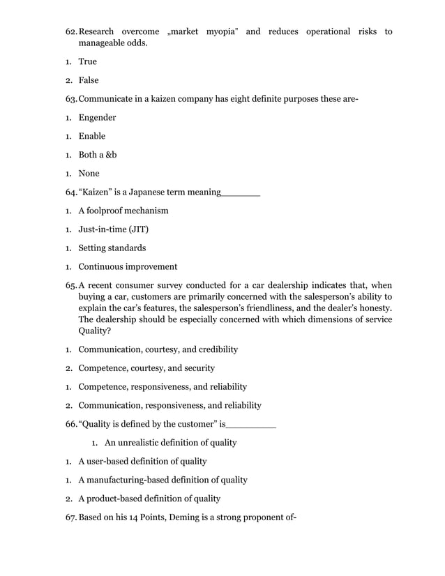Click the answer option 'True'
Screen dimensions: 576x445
click(87, 62)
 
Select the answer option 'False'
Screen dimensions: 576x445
click(89, 80)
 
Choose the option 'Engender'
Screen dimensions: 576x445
click(97, 118)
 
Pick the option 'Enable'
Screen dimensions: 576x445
click(92, 136)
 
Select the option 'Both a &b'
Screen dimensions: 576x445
click(98, 155)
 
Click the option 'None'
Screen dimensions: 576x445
click(89, 173)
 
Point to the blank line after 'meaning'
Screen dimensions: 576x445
click(240, 192)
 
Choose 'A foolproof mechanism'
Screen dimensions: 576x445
click(123, 211)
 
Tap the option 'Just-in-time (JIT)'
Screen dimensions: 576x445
click(113, 229)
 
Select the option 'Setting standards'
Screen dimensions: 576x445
click(112, 248)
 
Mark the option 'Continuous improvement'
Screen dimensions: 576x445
click(128, 266)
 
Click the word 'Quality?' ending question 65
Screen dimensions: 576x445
click(96, 331)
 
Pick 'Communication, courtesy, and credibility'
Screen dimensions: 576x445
click(158, 349)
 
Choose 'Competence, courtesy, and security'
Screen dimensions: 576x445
click(146, 367)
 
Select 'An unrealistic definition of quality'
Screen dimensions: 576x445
click(170, 443)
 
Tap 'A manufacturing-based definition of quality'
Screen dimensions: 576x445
click(163, 480)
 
